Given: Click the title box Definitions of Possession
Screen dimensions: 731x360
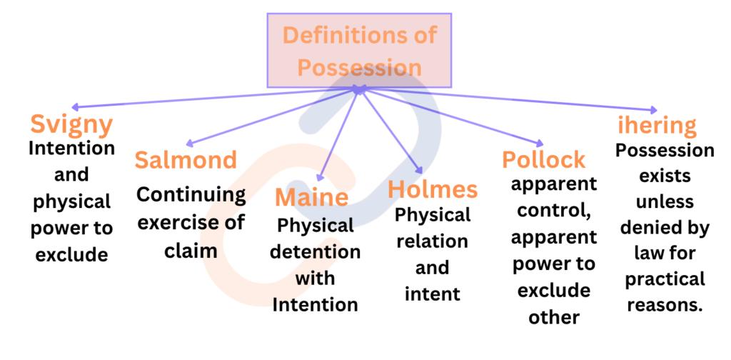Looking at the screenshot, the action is pos(359,51).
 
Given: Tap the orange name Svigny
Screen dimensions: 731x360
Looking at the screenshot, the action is pos(72,125).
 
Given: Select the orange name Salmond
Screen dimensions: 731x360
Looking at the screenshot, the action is pos(186,160).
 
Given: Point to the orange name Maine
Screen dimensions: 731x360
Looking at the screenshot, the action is pos(311,197).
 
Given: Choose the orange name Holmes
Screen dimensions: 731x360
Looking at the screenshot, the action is pos(433,189).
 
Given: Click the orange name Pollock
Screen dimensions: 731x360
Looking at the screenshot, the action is pos(543,160).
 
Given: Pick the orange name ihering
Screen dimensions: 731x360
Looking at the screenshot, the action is pos(657,126).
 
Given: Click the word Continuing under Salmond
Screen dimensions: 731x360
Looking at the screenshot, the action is pos(191,196).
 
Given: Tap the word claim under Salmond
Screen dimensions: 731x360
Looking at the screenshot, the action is pos(191,251).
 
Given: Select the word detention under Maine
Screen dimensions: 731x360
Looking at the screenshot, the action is pos(315,252).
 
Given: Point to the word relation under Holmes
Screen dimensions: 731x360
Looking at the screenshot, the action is pos(432,241).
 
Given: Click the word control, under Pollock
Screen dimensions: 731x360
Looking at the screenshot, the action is pos(554,211).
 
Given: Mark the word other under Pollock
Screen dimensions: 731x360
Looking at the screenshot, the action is pos(554,317).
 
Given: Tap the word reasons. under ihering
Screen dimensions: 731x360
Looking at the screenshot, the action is pos(665,305).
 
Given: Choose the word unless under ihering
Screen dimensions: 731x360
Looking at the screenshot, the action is pos(665,201).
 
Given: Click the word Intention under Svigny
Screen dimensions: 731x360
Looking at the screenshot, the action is pos(72,149).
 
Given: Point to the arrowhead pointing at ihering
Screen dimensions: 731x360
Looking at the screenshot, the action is pos(652,110).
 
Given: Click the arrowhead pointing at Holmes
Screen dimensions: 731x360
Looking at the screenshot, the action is pos(420,171).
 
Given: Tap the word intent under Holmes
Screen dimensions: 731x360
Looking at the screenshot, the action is pos(433,294).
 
